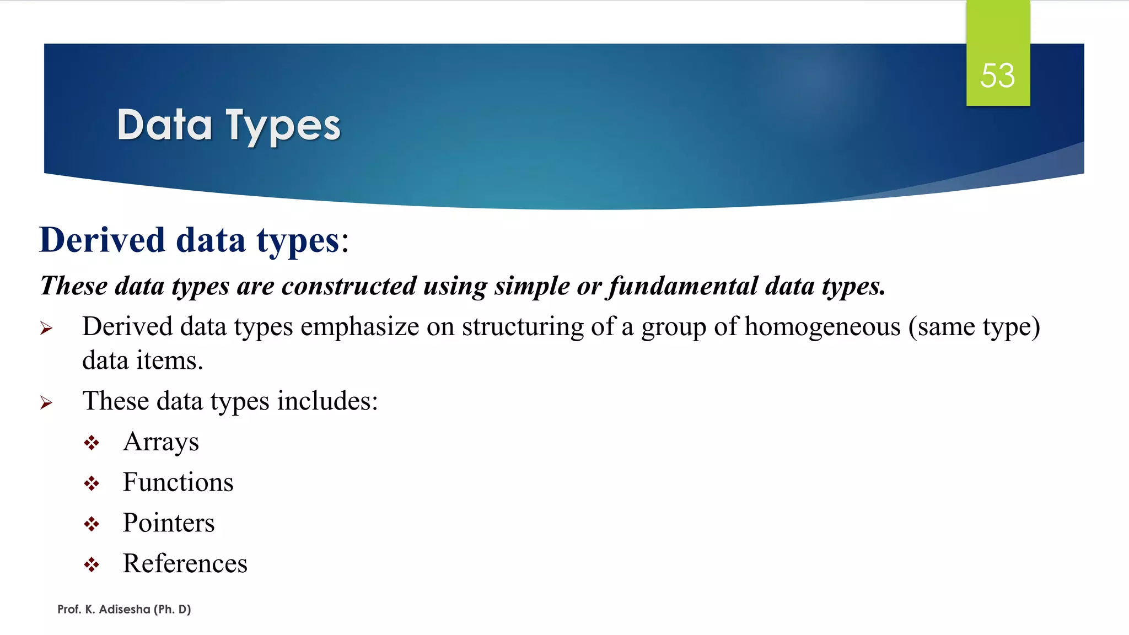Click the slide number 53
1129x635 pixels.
(997, 76)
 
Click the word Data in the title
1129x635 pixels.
(164, 125)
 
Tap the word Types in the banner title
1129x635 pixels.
(283, 126)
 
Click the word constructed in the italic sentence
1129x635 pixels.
(348, 286)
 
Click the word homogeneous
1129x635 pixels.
(822, 326)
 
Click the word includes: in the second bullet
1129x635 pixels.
(327, 401)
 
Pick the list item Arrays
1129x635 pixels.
(160, 442)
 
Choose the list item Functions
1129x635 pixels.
(178, 482)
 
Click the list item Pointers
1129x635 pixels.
(168, 523)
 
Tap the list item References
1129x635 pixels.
(185, 563)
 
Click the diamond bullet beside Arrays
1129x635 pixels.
(92, 443)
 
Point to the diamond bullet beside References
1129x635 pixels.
(92, 564)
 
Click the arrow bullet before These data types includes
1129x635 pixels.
(46, 403)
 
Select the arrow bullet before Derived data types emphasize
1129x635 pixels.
(46, 329)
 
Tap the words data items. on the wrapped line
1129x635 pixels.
(142, 360)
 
